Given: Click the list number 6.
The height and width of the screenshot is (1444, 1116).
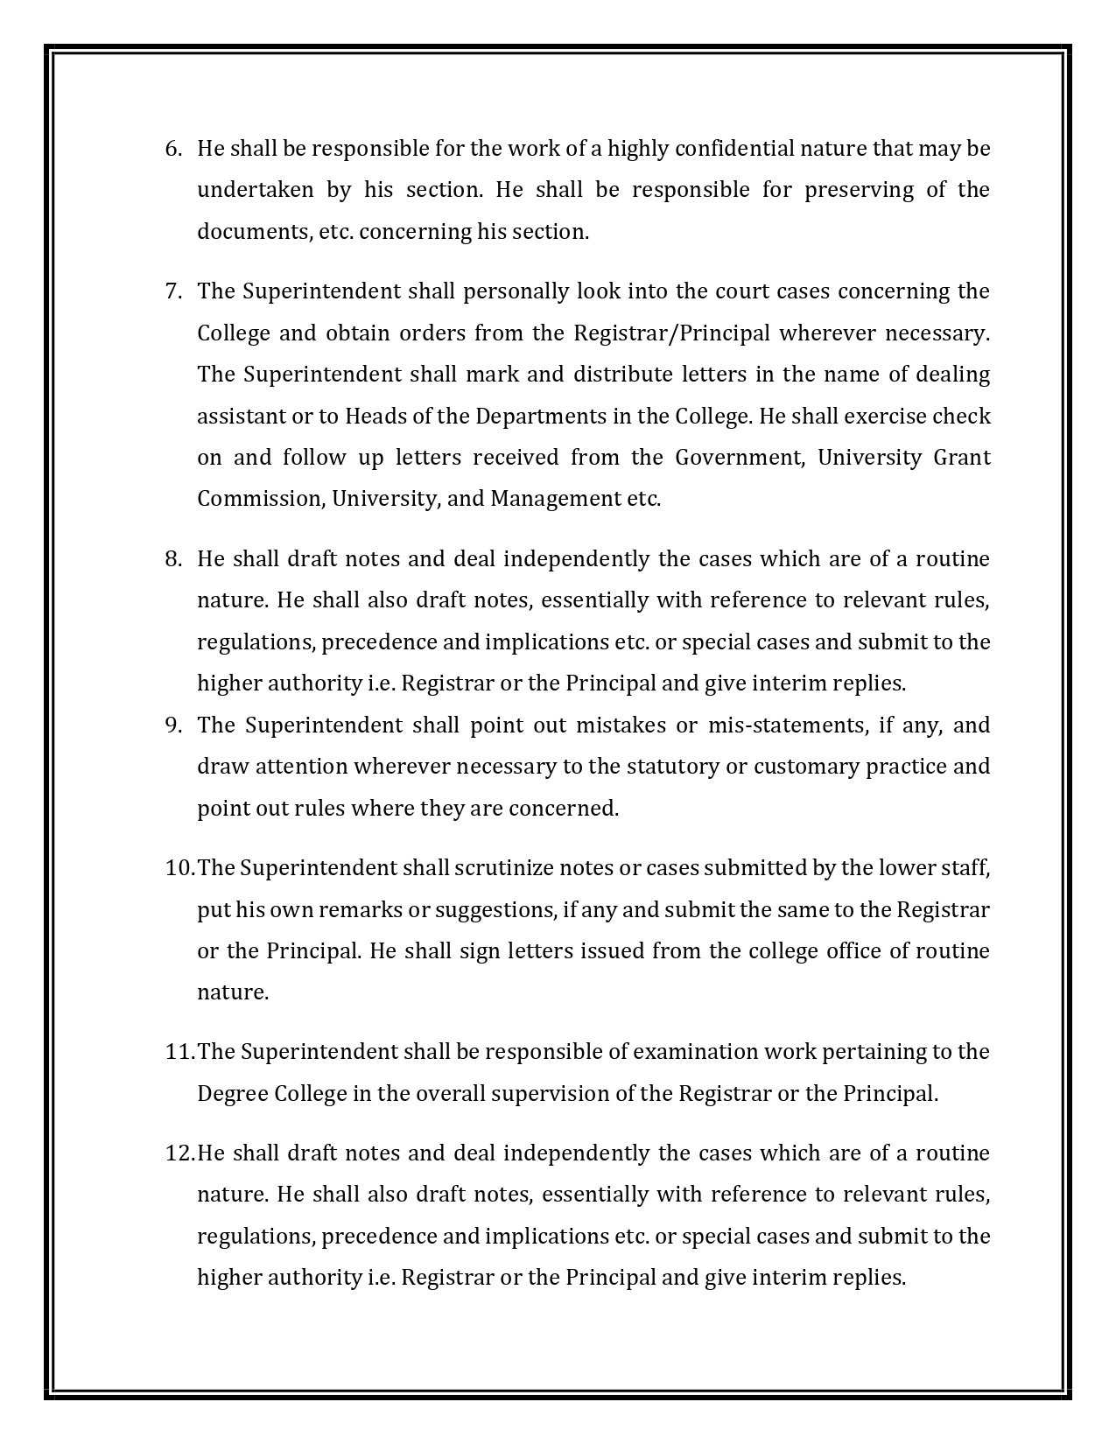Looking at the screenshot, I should [x=172, y=149].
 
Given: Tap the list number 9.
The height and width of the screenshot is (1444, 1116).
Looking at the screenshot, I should [x=172, y=726].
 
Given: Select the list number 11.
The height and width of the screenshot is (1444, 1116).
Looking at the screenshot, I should [x=179, y=1052].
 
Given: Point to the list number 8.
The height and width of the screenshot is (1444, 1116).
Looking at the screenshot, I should [x=172, y=559].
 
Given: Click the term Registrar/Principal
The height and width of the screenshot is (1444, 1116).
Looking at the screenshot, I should [x=672, y=333].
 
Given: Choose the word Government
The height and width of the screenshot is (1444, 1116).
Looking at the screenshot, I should [x=740, y=458].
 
